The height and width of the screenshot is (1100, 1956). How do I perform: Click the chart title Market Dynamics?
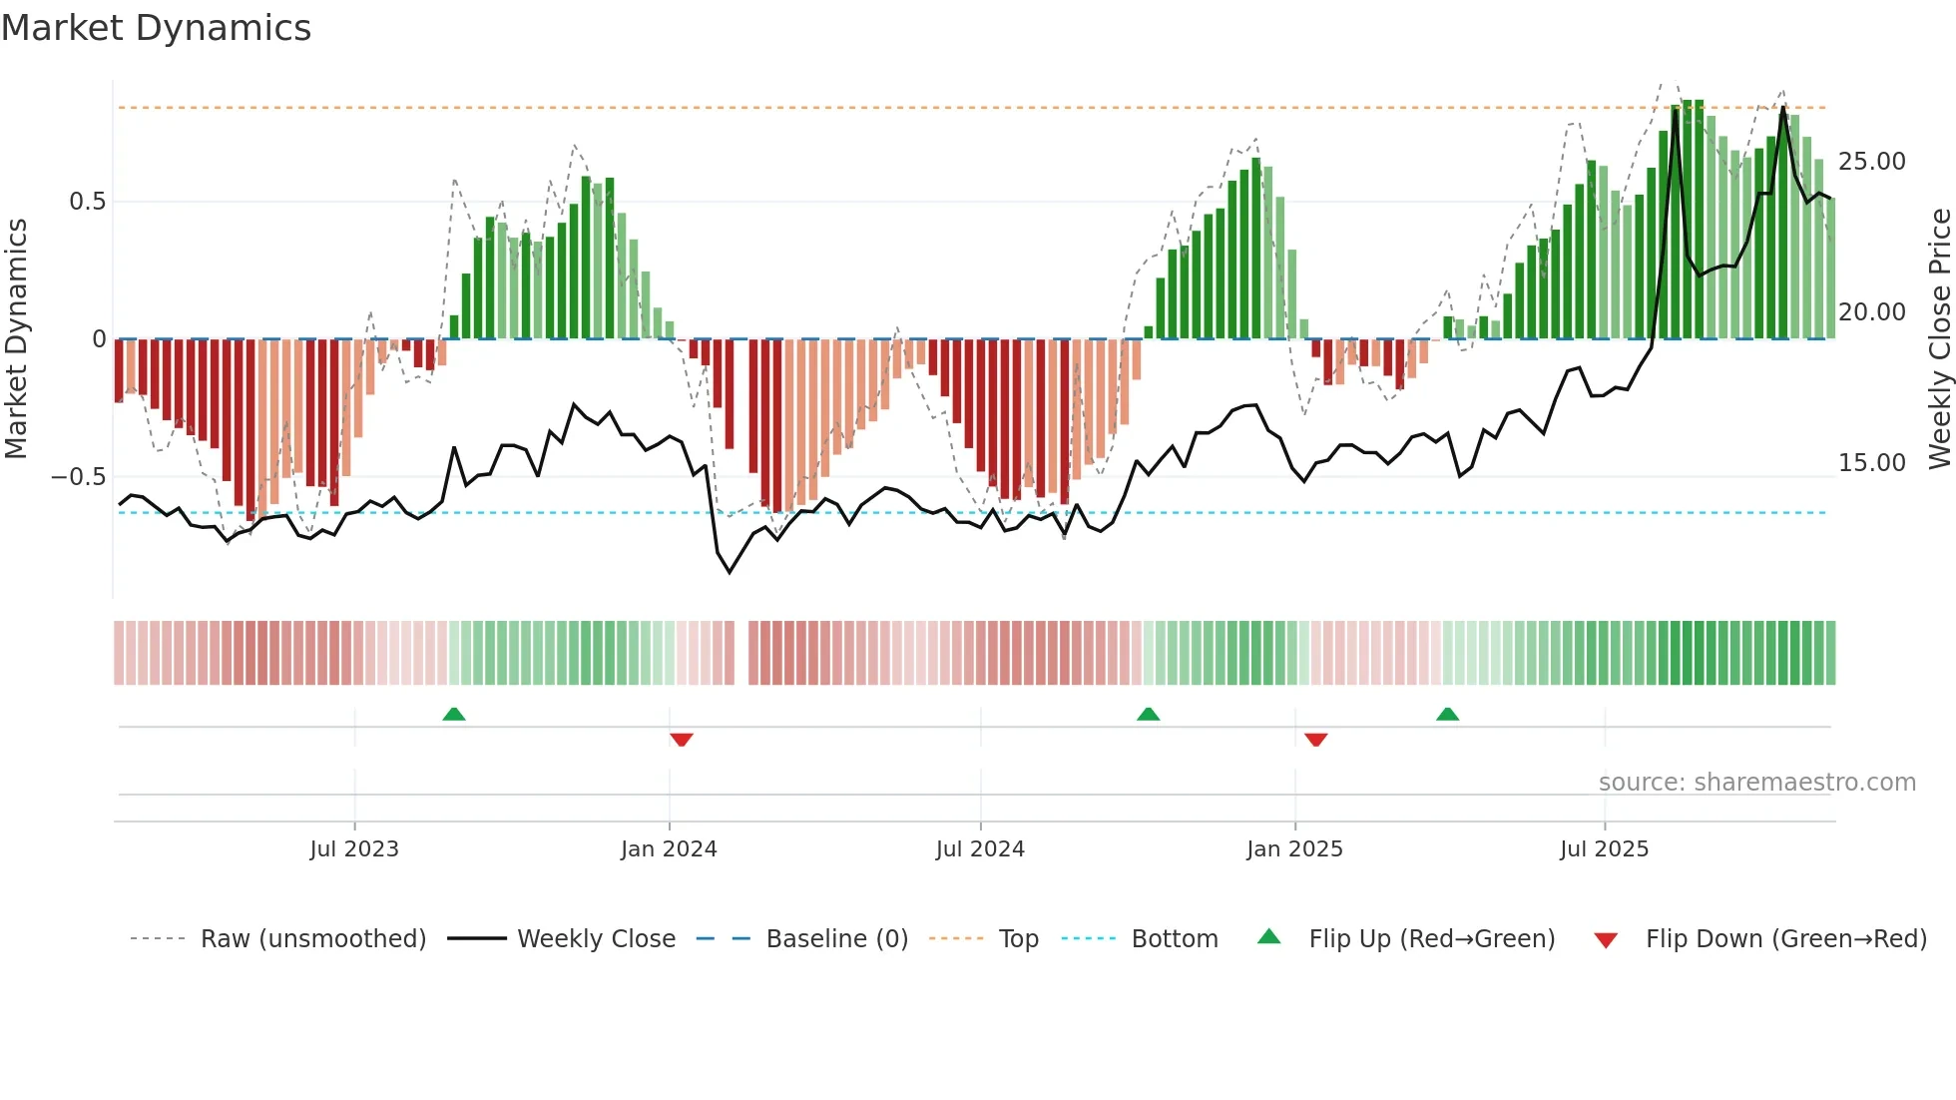156,28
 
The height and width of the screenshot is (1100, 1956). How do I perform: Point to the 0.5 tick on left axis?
87,202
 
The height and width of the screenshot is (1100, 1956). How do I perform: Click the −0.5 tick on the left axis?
78,477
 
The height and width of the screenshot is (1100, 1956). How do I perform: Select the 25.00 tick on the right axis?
1871,162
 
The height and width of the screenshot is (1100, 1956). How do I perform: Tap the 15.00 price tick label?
1871,463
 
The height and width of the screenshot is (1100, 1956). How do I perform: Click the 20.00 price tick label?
1871,312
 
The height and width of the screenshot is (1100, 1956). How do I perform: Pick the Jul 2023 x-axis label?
354,849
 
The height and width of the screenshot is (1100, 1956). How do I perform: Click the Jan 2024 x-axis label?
669,849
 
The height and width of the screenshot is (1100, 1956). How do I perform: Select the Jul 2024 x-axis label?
980,849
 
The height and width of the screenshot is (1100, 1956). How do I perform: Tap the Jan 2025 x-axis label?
1294,849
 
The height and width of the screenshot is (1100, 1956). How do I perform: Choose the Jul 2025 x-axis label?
1604,849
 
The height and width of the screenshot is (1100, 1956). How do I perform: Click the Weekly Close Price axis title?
1939,339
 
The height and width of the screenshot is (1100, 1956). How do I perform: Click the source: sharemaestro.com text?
1756,783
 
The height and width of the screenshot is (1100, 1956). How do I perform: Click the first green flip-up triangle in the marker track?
454,714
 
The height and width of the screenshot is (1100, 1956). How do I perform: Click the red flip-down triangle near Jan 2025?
1315,740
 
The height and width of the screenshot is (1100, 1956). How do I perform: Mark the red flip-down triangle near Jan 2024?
682,740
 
